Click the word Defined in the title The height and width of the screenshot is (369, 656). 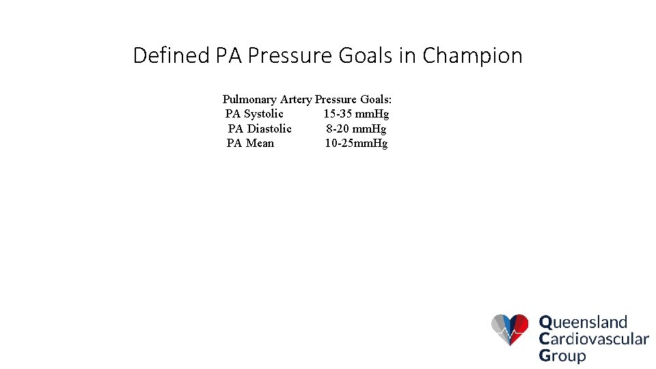tap(172, 55)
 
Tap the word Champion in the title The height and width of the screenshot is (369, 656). tap(472, 55)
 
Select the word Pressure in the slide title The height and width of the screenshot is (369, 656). tap(292, 55)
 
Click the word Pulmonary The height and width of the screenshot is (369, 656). tap(249, 100)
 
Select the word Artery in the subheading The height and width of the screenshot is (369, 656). tap(296, 100)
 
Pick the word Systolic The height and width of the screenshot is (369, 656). tap(264, 114)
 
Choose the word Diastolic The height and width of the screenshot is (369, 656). tap(269, 128)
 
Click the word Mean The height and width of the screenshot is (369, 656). tap(260, 143)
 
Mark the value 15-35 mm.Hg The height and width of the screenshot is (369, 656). tap(356, 114)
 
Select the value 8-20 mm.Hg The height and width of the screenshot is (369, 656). tap(356, 128)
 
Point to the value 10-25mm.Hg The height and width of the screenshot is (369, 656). tap(356, 143)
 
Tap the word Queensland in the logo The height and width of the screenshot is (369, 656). tap(583, 322)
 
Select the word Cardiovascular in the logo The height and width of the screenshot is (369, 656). tap(593, 339)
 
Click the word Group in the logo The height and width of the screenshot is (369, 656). tap(562, 355)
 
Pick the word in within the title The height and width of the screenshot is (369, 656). tap(407, 55)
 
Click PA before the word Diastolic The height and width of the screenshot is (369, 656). tap(235, 128)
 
